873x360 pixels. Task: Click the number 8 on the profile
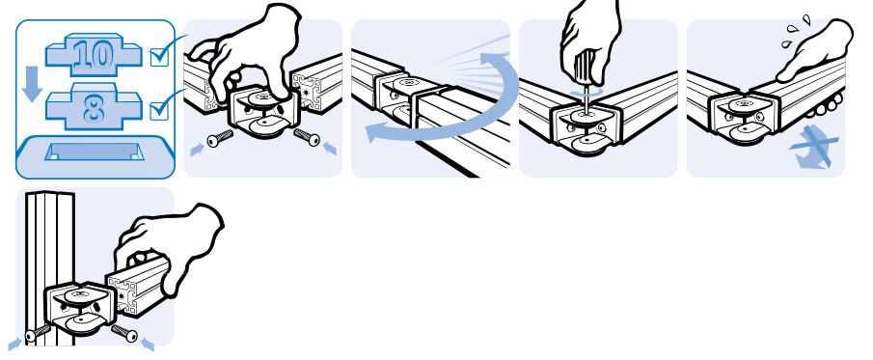point(94,108)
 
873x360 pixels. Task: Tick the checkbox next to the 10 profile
point(159,57)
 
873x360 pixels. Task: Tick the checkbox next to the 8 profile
point(159,109)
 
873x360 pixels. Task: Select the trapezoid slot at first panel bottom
point(95,151)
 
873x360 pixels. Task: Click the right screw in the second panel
point(307,137)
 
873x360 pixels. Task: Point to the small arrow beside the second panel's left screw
point(197,150)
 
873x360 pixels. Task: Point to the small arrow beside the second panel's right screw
point(330,149)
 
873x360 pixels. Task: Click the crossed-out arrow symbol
point(813,146)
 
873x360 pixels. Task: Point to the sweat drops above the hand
point(795,32)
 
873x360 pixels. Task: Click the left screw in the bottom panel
point(38,333)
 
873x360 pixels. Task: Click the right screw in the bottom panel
point(124,333)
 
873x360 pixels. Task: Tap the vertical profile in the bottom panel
point(49,268)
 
